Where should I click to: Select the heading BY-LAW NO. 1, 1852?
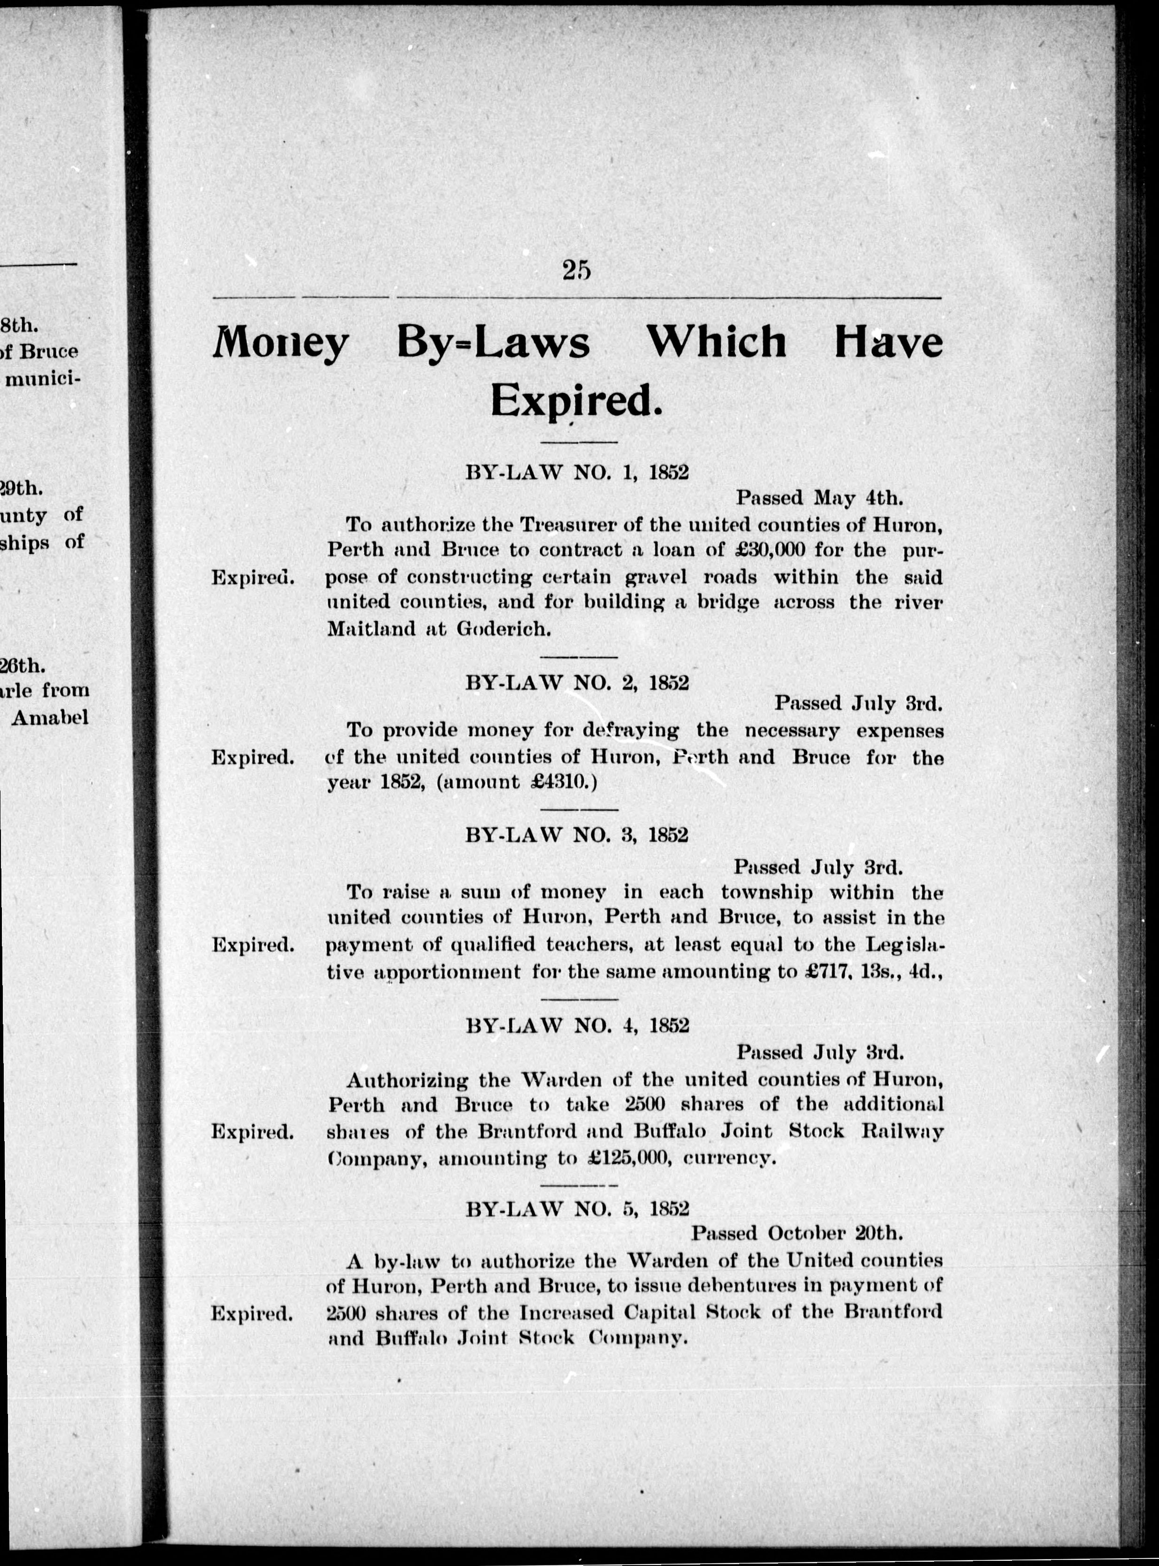pos(577,472)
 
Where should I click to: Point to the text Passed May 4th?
pos(818,498)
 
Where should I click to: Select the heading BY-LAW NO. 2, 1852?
pos(577,683)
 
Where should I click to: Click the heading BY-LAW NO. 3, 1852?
pos(577,835)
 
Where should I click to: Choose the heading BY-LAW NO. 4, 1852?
pos(577,1025)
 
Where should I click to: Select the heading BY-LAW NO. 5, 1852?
pos(577,1208)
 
